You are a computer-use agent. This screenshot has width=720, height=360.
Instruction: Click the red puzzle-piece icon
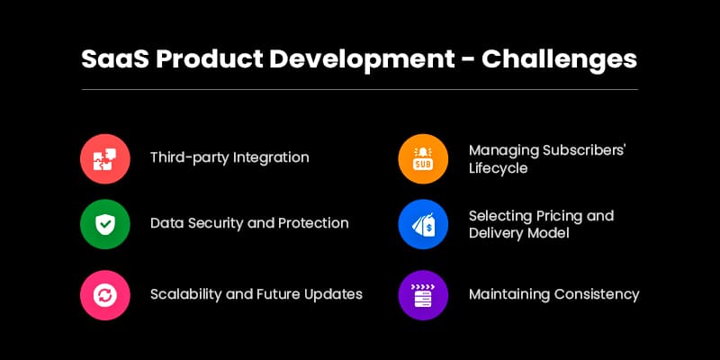(x=105, y=158)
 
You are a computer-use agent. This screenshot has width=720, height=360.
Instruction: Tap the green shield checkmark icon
(x=105, y=223)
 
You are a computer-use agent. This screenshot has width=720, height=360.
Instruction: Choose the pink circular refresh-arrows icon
(x=105, y=295)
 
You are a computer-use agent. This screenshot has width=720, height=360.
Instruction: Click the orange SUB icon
(x=423, y=158)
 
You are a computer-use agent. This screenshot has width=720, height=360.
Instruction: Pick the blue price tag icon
(x=423, y=223)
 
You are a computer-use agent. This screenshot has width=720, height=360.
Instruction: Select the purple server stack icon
(x=423, y=295)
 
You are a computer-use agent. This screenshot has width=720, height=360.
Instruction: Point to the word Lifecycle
(x=498, y=168)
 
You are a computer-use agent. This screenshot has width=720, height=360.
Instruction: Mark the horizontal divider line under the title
(x=360, y=89)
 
